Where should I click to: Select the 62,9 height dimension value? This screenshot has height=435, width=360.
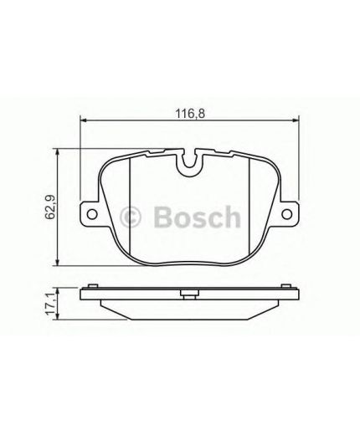point(49,204)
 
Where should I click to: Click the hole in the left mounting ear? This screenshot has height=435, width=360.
point(90,214)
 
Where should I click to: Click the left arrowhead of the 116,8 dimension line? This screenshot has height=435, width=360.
point(83,122)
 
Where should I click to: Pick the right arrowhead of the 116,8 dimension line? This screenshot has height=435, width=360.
point(298,122)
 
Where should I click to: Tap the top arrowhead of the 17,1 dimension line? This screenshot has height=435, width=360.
point(58,287)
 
